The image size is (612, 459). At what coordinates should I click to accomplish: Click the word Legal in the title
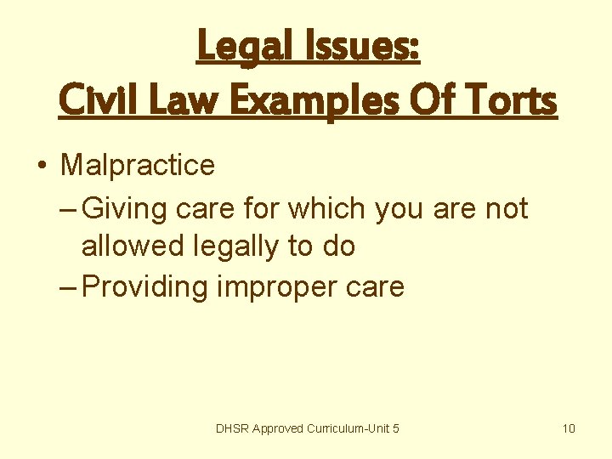237,47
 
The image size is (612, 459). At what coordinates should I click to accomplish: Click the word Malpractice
137,164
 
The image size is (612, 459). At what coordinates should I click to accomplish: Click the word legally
232,246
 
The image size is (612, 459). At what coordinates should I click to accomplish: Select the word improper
271,286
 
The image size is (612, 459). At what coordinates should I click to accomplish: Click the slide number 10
569,428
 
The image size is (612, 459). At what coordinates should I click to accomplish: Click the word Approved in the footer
280,428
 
